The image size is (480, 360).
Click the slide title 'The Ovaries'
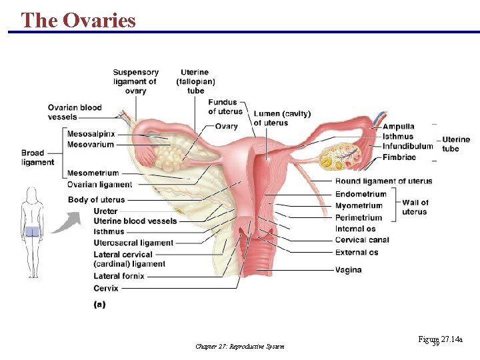click(78, 20)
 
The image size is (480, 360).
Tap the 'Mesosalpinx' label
click(91, 134)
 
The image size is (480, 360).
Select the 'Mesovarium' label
click(91, 145)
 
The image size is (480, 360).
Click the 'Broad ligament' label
click(37, 157)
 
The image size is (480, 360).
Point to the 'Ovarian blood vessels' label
click(74, 112)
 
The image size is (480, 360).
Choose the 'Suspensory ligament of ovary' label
click(135, 81)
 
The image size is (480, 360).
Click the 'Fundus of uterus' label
click(225, 107)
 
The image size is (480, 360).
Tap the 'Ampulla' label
click(398, 127)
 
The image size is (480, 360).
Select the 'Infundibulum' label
click(407, 147)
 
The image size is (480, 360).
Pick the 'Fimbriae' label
click(399, 157)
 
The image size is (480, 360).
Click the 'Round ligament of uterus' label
click(383, 181)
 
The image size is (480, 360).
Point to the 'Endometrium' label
click(361, 195)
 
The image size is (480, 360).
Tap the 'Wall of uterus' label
click(415, 207)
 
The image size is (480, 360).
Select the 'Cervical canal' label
click(362, 240)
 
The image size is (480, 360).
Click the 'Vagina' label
click(349, 270)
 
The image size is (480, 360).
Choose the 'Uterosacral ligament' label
click(133, 243)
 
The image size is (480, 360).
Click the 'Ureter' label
click(105, 211)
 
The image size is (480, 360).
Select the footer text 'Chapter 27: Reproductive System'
click(239, 346)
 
